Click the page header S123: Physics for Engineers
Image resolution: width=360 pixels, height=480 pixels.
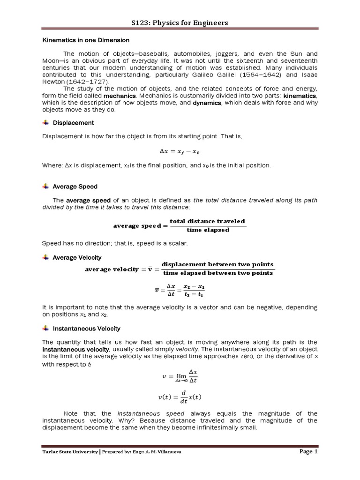click(x=180, y=23)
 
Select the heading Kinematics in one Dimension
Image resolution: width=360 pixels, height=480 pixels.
click(x=86, y=40)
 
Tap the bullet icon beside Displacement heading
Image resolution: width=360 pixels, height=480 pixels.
click(x=45, y=122)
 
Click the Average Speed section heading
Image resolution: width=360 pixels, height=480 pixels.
click(x=75, y=187)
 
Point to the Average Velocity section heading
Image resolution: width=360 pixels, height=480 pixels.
click(x=77, y=257)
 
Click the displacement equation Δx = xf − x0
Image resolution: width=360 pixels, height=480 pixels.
click(x=180, y=151)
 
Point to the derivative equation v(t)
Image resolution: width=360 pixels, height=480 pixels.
click(x=180, y=398)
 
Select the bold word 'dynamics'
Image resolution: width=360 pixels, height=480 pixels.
click(x=207, y=103)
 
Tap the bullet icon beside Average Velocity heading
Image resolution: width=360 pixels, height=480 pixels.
click(x=45, y=257)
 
